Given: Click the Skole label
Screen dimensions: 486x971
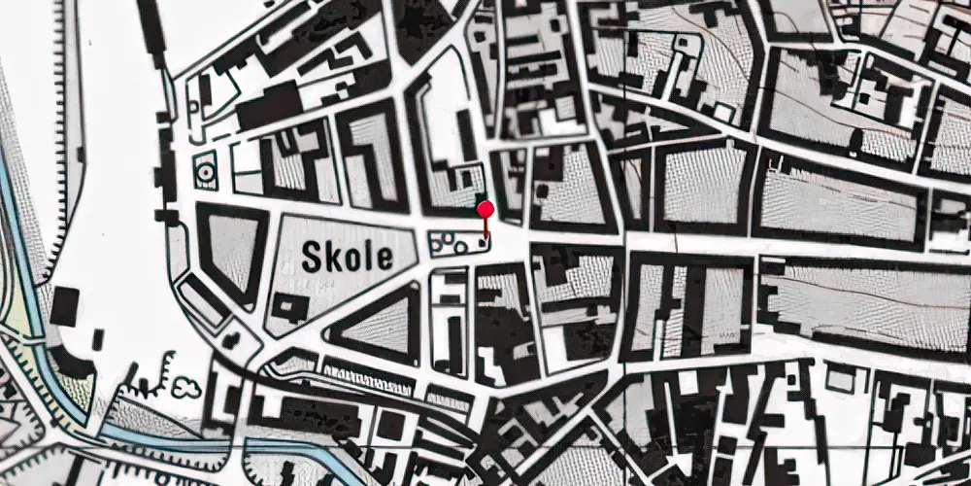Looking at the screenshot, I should click(348, 257).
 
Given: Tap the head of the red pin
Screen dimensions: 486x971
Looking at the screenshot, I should click(485, 208).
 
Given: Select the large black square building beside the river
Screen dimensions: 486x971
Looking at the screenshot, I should click(64, 306).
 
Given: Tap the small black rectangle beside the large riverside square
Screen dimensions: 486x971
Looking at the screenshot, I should click(98, 339).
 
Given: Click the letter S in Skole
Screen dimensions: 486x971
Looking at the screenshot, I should click(311, 257).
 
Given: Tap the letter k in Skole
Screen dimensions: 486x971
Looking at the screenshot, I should click(331, 257).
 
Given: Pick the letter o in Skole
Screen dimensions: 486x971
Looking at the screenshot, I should click(351, 259).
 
